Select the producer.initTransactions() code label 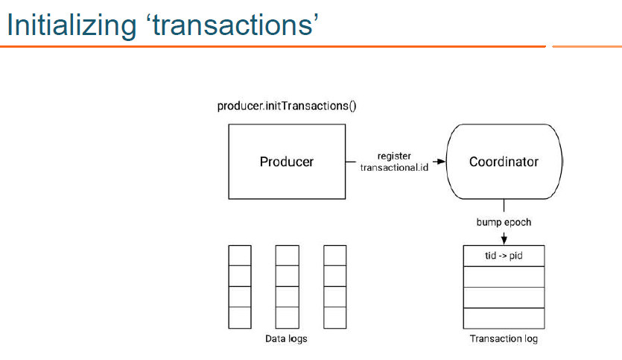point(287,106)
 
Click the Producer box point(287,161)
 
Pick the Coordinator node point(504,161)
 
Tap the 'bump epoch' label point(504,222)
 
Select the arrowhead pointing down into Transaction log point(504,240)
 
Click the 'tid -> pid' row point(504,256)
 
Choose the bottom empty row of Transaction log point(504,318)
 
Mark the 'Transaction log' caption point(504,339)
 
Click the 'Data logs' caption point(287,339)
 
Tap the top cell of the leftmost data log point(239,256)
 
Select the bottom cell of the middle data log point(287,318)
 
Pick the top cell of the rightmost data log point(335,256)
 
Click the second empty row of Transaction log point(504,297)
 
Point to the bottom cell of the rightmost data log point(335,318)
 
